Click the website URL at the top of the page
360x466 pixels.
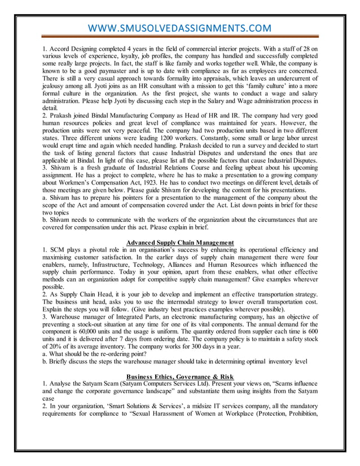click(179, 28)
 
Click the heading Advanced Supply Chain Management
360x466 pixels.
click(179, 243)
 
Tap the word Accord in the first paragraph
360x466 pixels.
click(60, 49)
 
